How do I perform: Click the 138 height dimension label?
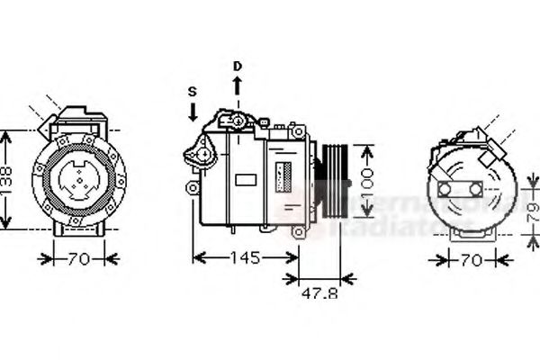tap(8, 179)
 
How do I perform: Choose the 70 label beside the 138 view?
tap(79, 260)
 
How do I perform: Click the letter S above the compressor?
tap(192, 91)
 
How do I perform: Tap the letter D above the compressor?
tap(238, 66)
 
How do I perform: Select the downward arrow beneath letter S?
tap(192, 112)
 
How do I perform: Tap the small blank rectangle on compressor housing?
tap(245, 178)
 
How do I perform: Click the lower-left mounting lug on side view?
tap(191, 186)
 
